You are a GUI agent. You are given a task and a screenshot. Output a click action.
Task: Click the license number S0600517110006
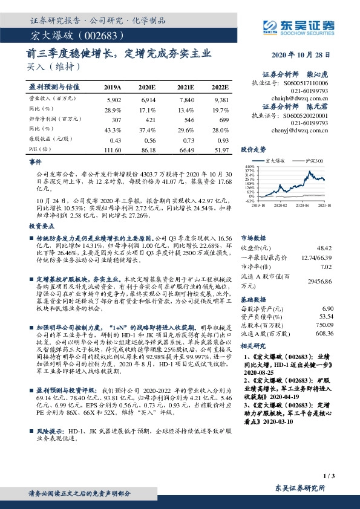307,82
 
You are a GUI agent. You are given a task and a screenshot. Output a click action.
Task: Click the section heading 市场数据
252,238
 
